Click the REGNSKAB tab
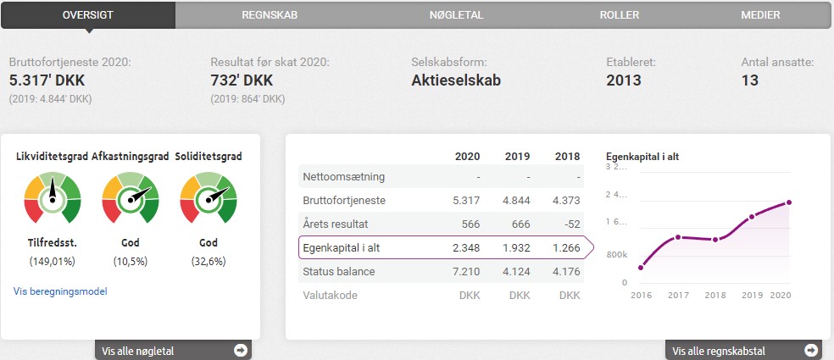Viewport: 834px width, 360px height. coord(269,14)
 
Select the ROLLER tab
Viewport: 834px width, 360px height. coord(619,14)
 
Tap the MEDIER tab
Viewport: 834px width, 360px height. coord(760,14)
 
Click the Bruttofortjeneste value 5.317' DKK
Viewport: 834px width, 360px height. coord(47,81)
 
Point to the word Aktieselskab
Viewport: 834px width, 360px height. coord(456,81)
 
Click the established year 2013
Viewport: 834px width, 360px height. coord(624,81)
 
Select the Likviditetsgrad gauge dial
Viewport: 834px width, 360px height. coord(52,198)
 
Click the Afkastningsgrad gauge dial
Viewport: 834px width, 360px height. coord(130,198)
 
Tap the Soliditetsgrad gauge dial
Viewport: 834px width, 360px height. coord(208,198)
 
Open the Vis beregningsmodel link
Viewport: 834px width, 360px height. coord(60,291)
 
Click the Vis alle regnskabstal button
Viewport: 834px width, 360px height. coord(742,350)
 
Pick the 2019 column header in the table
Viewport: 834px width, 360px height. coord(517,157)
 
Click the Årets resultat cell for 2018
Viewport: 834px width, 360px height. coord(567,224)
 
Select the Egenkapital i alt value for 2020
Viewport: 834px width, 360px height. coord(467,248)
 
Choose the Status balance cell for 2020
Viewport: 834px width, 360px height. coord(467,272)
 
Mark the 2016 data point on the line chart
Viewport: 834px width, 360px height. coord(641,268)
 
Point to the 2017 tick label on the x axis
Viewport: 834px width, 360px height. coord(678,295)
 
